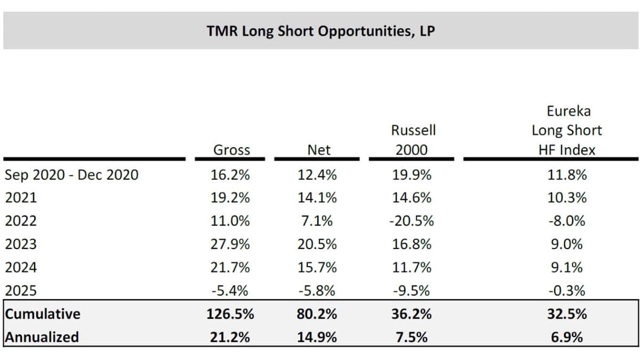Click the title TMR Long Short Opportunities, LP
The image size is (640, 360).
pyautogui.click(x=321, y=31)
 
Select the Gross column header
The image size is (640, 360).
pyautogui.click(x=231, y=150)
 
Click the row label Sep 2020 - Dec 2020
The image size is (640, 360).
pyautogui.click(x=71, y=174)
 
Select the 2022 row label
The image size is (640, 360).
pyautogui.click(x=21, y=221)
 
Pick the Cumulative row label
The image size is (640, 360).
pyautogui.click(x=43, y=314)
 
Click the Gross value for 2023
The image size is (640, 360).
pyautogui.click(x=230, y=244)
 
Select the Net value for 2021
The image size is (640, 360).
pyautogui.click(x=317, y=198)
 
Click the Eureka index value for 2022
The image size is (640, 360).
pyautogui.click(x=567, y=221)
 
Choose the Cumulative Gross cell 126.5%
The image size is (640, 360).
pyautogui.click(x=230, y=314)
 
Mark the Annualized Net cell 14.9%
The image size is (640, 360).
pyautogui.click(x=317, y=337)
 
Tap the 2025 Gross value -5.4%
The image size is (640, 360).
pyautogui.click(x=230, y=291)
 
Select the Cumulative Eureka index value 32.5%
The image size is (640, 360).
pyautogui.click(x=567, y=314)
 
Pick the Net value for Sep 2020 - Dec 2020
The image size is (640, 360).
pyautogui.click(x=317, y=174)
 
